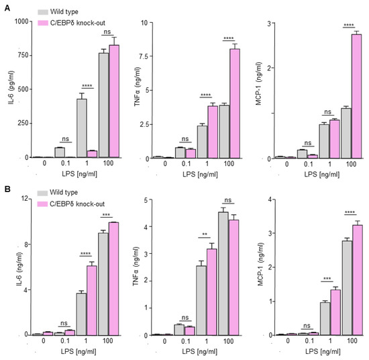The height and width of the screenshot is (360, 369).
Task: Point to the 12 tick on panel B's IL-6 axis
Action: (25, 199)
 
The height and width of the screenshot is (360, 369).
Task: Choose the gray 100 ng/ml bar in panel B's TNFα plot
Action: (223, 273)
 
